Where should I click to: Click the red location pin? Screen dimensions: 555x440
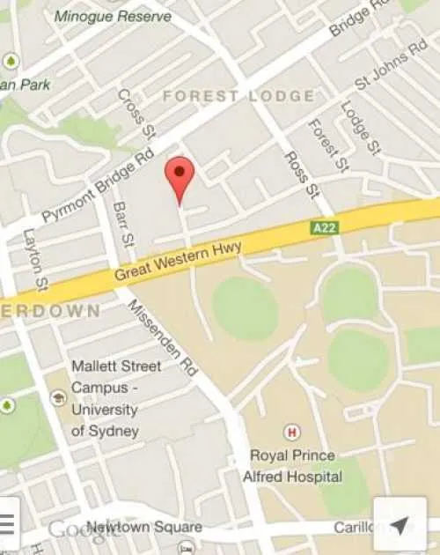point(180,176)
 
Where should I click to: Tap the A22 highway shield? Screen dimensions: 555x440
point(324,227)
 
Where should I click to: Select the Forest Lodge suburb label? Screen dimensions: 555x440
point(238,96)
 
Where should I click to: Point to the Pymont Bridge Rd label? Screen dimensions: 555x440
point(99,188)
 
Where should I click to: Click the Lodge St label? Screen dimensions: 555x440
point(359,125)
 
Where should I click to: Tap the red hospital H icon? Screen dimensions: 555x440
point(290,432)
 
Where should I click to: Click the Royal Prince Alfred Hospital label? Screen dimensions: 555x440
point(292,466)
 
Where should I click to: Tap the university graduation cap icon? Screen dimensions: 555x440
point(59,398)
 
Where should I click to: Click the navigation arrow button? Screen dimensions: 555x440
point(399,526)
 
